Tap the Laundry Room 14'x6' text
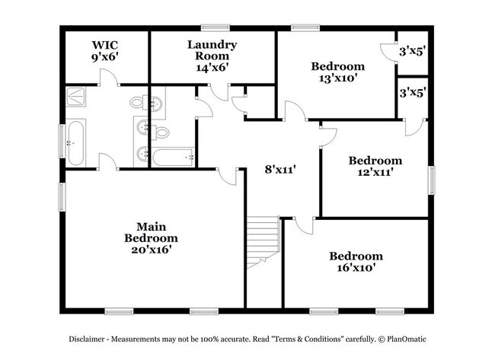coord(212,56)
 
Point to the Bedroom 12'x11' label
coord(375,166)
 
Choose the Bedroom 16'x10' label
coord(356,262)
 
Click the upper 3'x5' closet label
coord(412,53)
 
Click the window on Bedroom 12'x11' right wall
coord(431,180)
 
